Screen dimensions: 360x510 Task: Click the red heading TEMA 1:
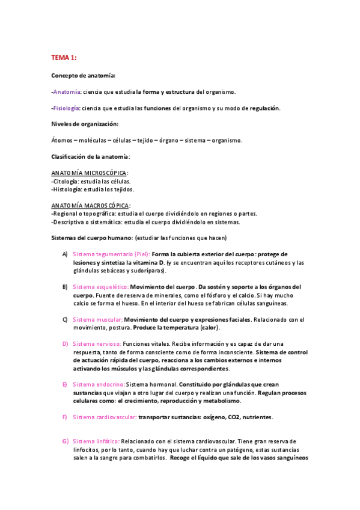pyautogui.click(x=64, y=58)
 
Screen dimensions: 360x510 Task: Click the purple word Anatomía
pyautogui.click(x=67, y=91)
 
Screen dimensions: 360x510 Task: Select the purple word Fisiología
pyautogui.click(x=67, y=108)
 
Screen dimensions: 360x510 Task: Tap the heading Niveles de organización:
pyautogui.click(x=85, y=124)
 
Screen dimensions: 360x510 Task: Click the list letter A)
pyautogui.click(x=65, y=254)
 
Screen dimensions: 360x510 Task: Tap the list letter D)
pyautogui.click(x=65, y=343)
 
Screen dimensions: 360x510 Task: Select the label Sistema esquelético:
pyautogui.click(x=100, y=286)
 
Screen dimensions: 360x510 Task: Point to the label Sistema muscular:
pyautogui.click(x=98, y=319)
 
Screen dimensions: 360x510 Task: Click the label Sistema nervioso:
pyautogui.click(x=97, y=343)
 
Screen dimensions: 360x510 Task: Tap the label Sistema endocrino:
pyautogui.click(x=99, y=384)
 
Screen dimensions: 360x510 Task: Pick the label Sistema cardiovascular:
pyautogui.click(x=104, y=417)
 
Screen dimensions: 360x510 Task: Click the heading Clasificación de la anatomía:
pyautogui.click(x=91, y=156)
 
